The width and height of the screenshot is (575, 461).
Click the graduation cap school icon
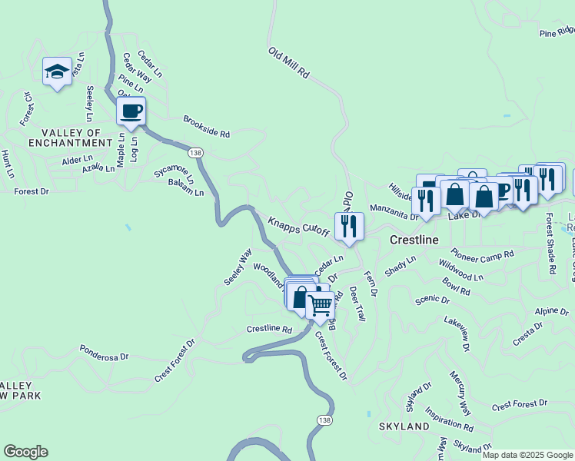[57, 72]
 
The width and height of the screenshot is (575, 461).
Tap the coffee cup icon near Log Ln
[131, 111]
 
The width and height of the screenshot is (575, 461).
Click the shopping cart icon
[320, 304]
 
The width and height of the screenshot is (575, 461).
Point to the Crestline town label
[414, 240]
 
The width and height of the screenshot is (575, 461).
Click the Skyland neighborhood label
[404, 426]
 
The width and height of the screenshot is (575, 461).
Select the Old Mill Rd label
[288, 64]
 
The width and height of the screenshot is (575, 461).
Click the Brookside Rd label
[206, 127]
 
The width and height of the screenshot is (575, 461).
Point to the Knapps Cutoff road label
[299, 224]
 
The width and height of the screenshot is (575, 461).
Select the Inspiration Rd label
[448, 420]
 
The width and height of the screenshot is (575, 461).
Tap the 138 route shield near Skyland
[324, 419]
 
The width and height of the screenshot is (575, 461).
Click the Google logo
[25, 452]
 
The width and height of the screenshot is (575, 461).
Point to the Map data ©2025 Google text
[528, 455]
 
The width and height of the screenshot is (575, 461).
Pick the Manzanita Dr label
[393, 211]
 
